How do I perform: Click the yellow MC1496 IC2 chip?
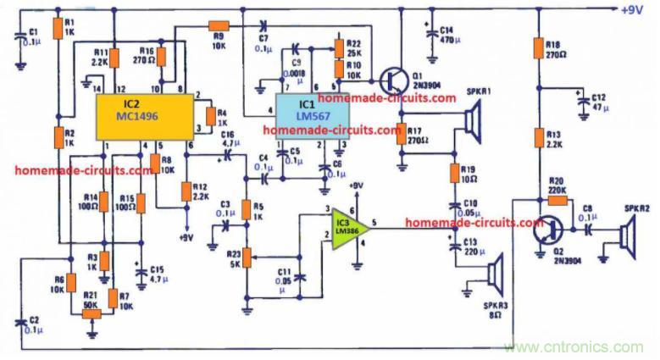point(139,115)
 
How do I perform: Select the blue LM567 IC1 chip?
point(310,115)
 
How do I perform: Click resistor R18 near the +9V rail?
point(537,47)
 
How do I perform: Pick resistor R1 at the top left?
point(57,28)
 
